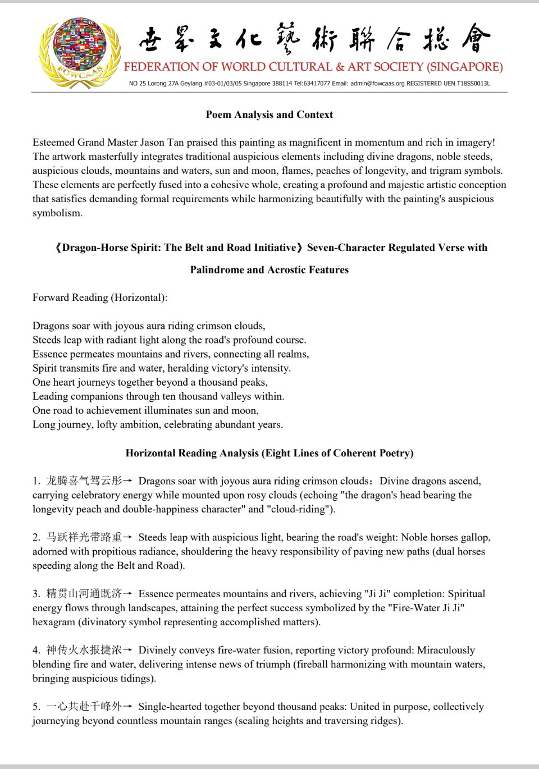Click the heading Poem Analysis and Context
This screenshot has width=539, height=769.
tap(269, 115)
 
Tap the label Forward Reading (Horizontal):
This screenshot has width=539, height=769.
tap(100, 297)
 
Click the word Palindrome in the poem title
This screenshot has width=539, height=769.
tap(217, 270)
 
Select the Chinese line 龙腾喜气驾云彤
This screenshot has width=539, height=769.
tap(84, 481)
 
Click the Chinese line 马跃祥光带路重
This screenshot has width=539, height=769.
tap(84, 537)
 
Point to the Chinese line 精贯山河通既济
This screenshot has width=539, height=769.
tap(84, 594)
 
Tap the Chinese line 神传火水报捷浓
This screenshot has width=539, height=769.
tap(84, 650)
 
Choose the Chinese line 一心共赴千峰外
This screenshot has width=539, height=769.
tap(84, 707)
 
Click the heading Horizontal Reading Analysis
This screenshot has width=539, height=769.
tap(269, 453)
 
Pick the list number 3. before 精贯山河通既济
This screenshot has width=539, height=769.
tap(36, 594)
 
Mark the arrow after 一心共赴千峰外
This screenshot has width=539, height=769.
tap(128, 707)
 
